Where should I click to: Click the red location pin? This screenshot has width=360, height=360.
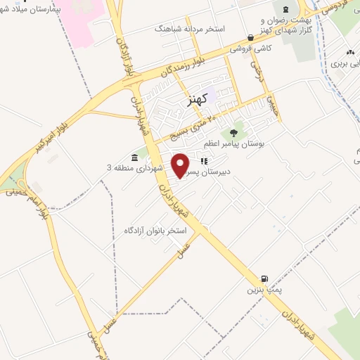pos(181,165)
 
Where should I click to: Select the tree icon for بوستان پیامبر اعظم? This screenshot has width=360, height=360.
pos(233,132)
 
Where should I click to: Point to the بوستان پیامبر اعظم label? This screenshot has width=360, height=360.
pos(233,143)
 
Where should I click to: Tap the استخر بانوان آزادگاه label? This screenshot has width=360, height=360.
pos(155,230)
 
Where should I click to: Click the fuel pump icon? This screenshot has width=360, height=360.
pos(264,278)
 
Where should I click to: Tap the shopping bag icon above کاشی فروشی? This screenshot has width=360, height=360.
pos(251,38)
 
